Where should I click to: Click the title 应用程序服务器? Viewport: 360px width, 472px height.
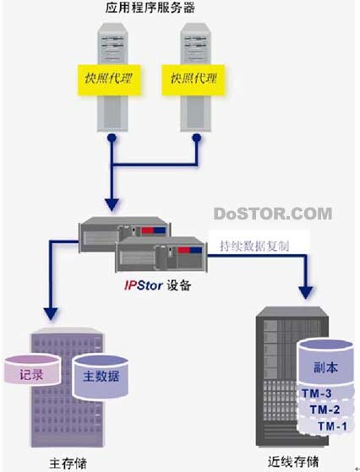pyautogui.click(x=150, y=8)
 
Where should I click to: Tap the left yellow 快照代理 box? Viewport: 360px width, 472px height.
pyautogui.click(x=109, y=79)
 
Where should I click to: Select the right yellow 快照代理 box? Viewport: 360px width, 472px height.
pyautogui.click(x=194, y=79)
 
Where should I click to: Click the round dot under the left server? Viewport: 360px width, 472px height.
pyautogui.click(x=112, y=138)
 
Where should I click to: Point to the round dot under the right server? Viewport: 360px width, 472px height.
pyautogui.click(x=197, y=138)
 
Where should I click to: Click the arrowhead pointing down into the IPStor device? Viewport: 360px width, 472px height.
pyautogui.click(x=112, y=204)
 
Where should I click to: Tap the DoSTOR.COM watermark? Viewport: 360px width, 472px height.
pyautogui.click(x=273, y=214)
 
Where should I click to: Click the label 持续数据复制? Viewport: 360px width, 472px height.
pyautogui.click(x=254, y=247)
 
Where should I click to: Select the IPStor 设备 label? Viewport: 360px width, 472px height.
pyautogui.click(x=157, y=285)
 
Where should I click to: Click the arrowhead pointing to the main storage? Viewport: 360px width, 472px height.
pyautogui.click(x=51, y=314)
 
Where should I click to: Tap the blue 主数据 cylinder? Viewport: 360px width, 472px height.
pyautogui.click(x=101, y=377)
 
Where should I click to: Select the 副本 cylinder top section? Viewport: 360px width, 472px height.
pyautogui.click(x=325, y=363)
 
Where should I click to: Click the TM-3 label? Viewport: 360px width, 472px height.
pyautogui.click(x=317, y=393)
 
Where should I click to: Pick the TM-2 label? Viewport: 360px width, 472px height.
pyautogui.click(x=325, y=410)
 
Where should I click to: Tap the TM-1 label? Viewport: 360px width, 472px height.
pyautogui.click(x=332, y=426)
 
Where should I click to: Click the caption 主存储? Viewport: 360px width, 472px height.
pyautogui.click(x=68, y=464)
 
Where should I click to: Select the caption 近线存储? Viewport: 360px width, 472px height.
pyautogui.click(x=293, y=462)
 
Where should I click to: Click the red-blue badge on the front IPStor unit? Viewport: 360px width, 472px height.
pyautogui.click(x=189, y=250)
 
